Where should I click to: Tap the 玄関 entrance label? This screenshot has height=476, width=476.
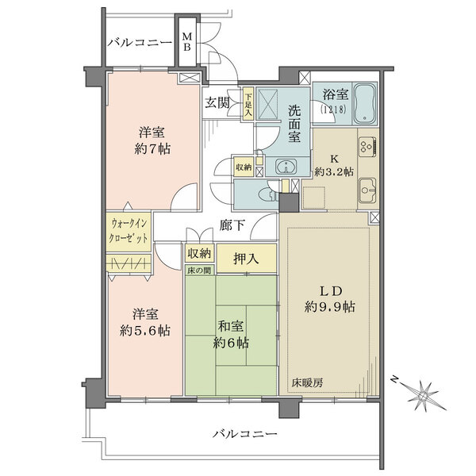tap(217, 103)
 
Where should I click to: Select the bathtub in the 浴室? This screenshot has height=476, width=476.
tap(365, 103)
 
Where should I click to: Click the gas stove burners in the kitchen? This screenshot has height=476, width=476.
tap(367, 147)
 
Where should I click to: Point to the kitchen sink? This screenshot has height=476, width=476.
tap(367, 190)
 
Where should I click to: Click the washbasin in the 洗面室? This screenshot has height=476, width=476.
tap(286, 167)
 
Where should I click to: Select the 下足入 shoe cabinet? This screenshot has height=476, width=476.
tap(248, 105)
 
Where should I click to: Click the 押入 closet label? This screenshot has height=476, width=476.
tap(246, 259)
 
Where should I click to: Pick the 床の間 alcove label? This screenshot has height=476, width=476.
tap(199, 270)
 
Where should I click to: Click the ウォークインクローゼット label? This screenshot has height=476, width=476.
tap(129, 231)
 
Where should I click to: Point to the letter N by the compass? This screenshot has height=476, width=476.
tap(394, 379)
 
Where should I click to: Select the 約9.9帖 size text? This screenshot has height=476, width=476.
tap(330, 307)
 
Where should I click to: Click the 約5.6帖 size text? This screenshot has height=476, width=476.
tap(145, 330)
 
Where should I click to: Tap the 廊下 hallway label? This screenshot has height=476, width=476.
tap(232, 225)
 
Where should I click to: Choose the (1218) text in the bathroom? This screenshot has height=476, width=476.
tap(333, 109)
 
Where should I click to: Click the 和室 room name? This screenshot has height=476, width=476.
tap(231, 327)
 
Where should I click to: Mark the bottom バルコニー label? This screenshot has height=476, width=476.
tap(245, 434)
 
